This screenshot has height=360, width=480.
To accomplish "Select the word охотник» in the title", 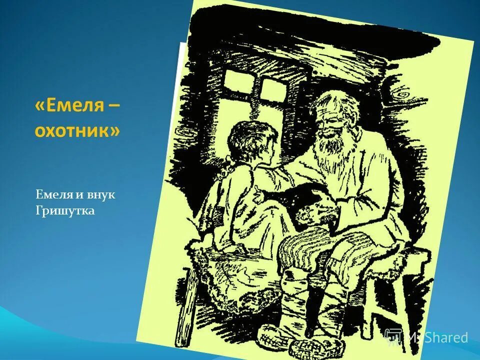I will point(77,131).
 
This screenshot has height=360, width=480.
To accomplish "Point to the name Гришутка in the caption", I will point(65,211).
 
